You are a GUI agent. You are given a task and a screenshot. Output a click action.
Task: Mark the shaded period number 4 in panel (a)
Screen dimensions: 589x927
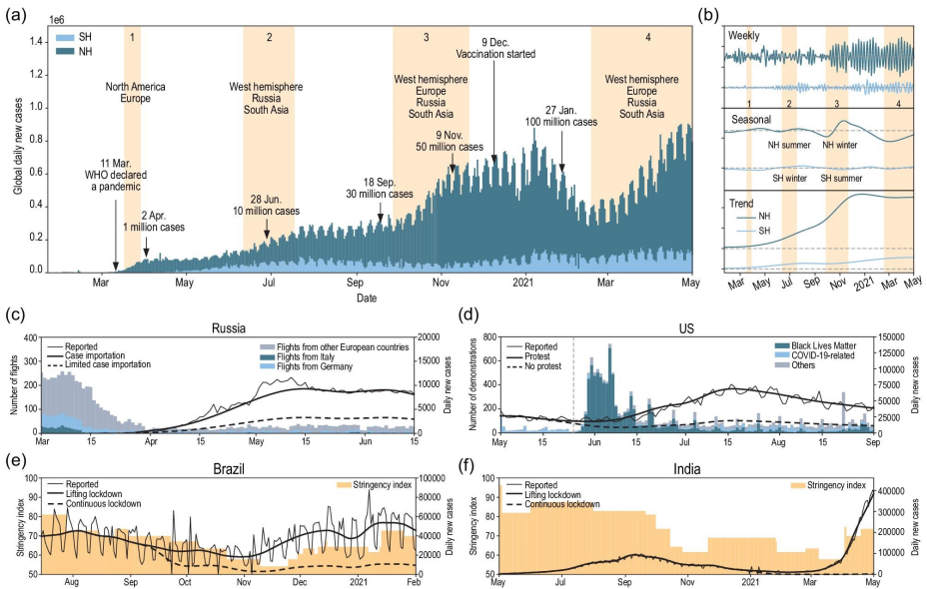coord(648,37)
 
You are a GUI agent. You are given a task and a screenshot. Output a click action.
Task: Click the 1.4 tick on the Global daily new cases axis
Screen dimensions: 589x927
coord(37,42)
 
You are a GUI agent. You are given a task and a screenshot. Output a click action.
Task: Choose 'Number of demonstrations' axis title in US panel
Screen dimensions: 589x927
coord(472,384)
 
